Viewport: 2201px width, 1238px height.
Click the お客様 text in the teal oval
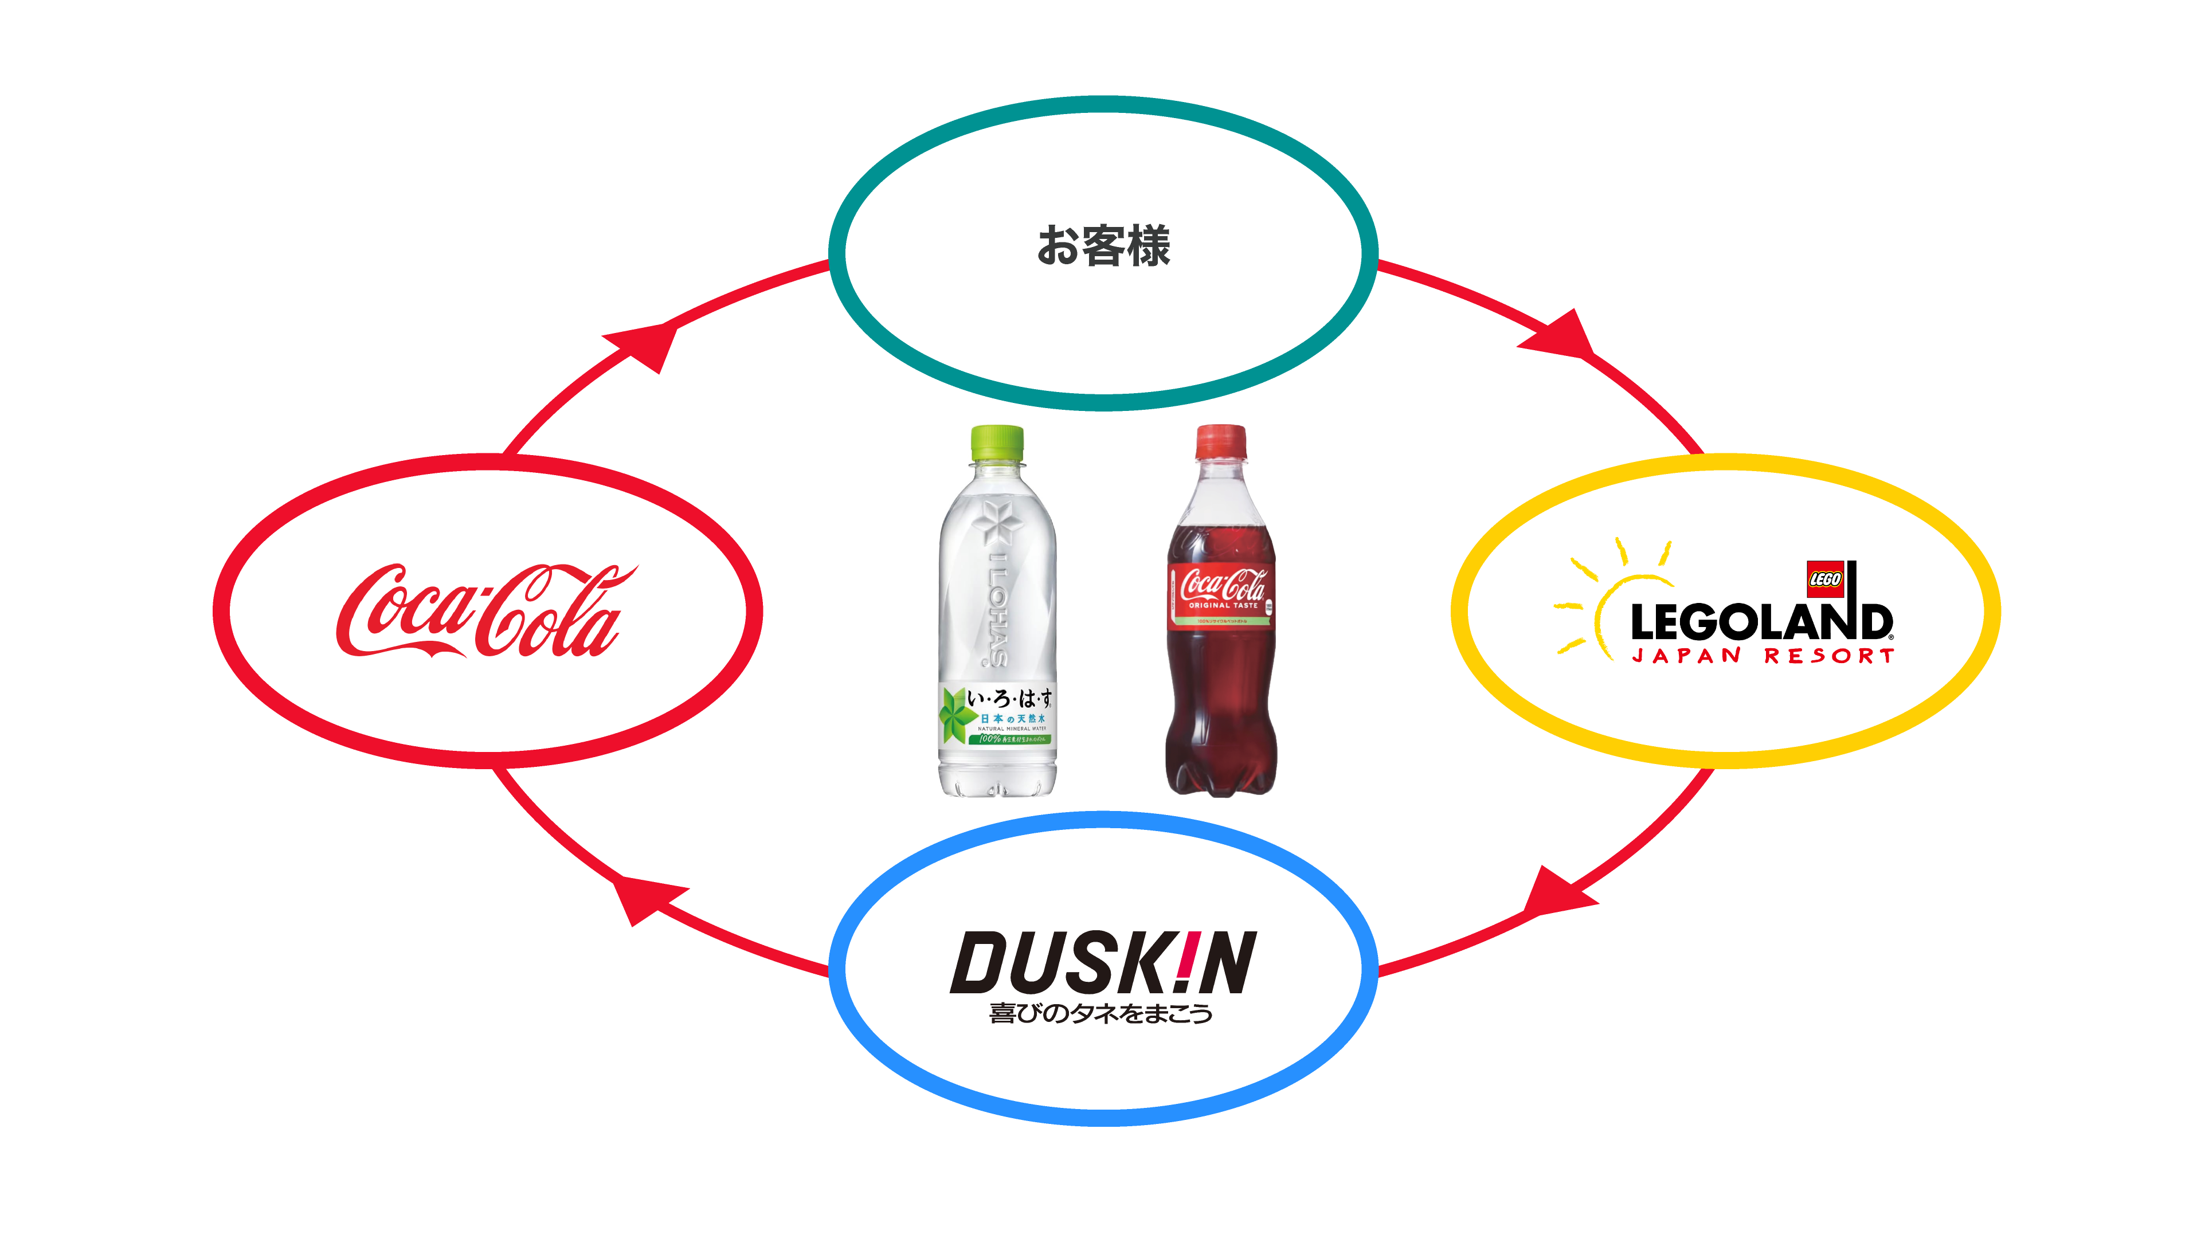click(1102, 246)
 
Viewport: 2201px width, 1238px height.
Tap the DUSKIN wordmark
click(1102, 962)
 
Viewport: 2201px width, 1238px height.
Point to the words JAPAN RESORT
click(1763, 656)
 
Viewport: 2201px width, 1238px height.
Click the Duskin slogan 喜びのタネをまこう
click(1100, 1013)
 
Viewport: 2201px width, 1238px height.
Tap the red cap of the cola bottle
click(1220, 441)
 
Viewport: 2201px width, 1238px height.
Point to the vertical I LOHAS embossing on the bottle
click(996, 608)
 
